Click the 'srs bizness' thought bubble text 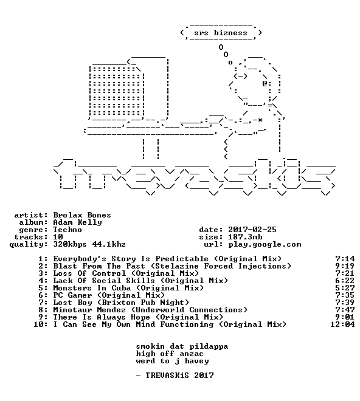point(221,33)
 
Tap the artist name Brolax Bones point(82,215)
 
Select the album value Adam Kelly point(77,222)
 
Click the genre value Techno point(67,230)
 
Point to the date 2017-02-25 point(252,230)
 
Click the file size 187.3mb point(245,237)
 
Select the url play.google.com point(265,244)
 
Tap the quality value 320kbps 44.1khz point(89,244)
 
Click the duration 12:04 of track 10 point(342,324)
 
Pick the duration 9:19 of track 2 point(345,266)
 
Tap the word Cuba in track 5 point(121,288)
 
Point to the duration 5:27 point(345,288)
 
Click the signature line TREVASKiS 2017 point(179,375)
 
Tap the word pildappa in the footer point(209,347)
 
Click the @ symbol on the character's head point(265,83)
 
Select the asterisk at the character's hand point(260,120)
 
